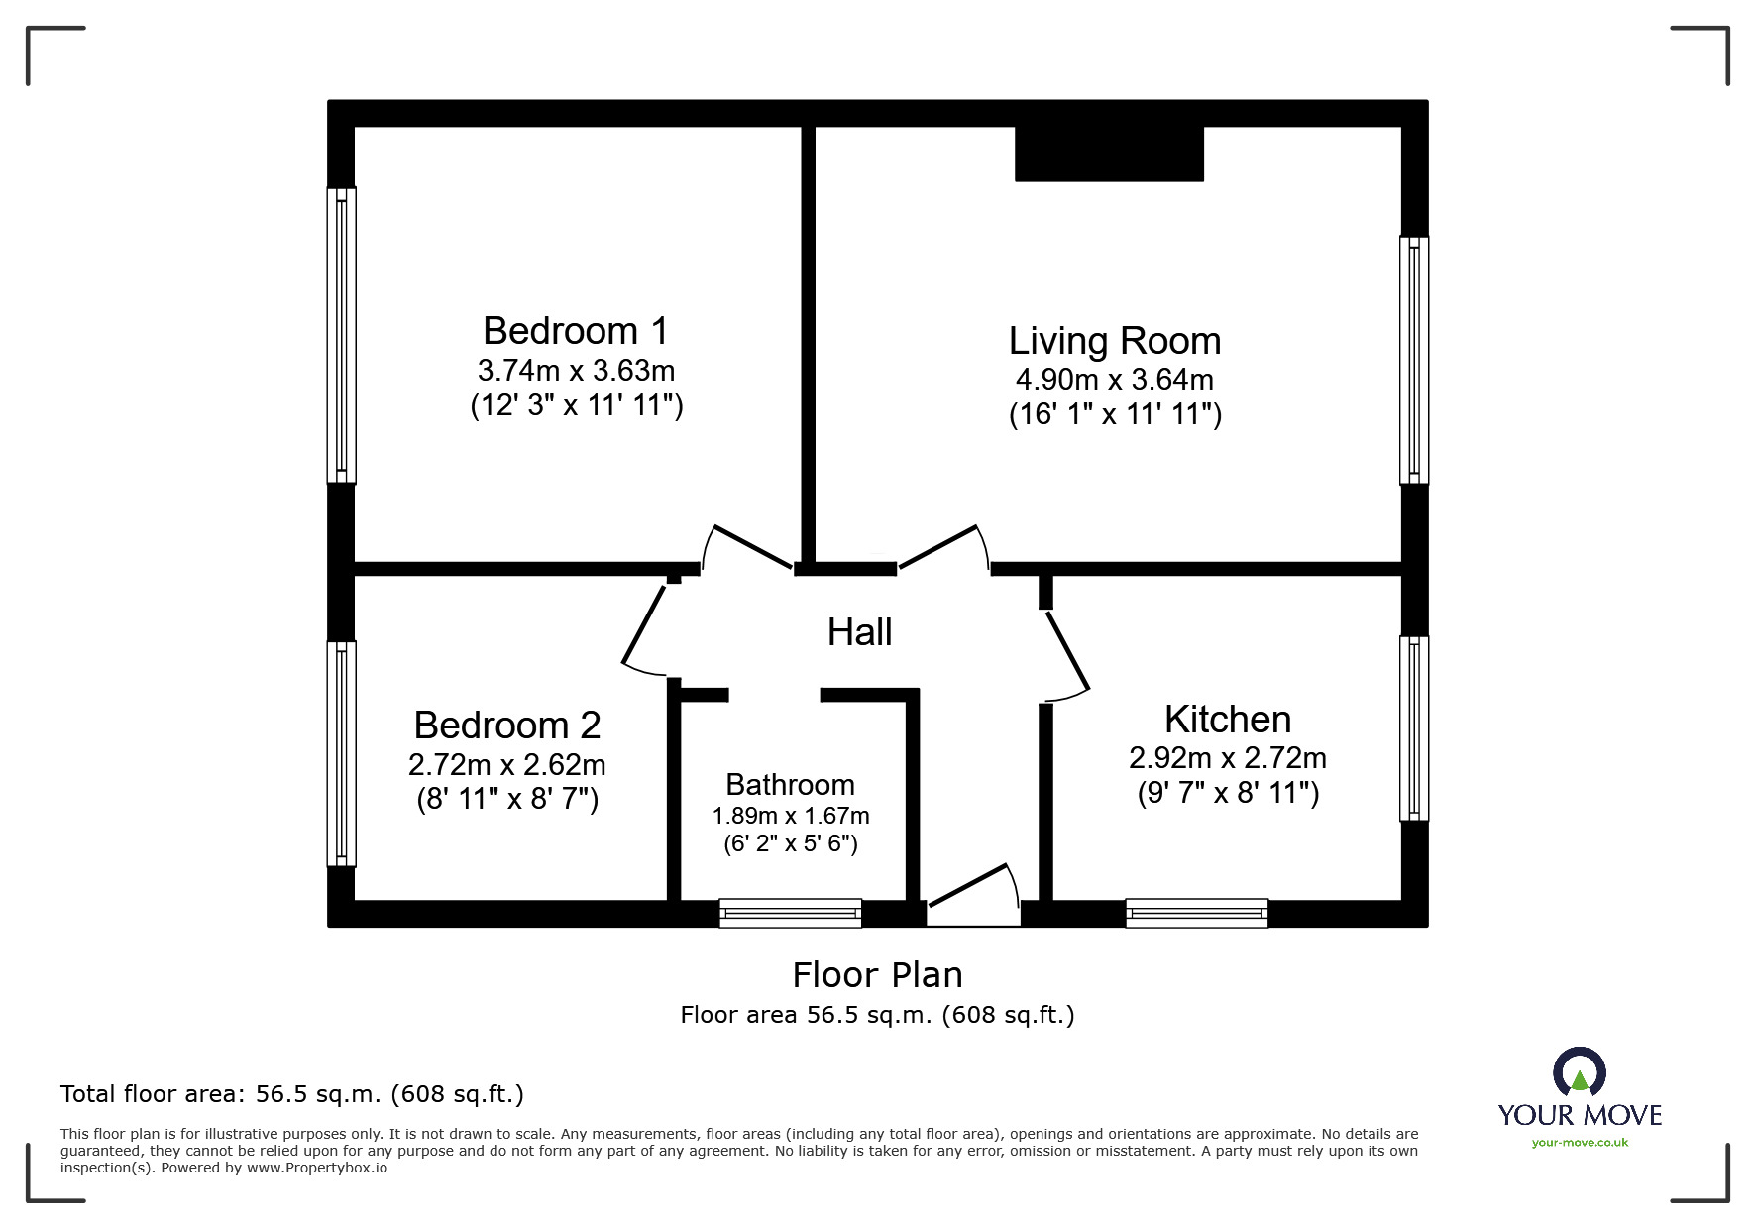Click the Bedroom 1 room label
[575, 330]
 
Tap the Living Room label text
[1114, 340]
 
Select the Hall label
[859, 632]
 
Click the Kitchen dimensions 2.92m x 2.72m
[1227, 758]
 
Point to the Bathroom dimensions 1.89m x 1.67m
[790, 816]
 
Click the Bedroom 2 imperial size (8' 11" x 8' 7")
[507, 799]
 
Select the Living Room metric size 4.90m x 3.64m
[1114, 380]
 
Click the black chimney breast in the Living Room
[1109, 154]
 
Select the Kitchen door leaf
[1068, 651]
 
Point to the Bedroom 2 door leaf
[644, 624]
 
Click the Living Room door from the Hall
[938, 547]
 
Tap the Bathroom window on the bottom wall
[790, 913]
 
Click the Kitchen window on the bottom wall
[1196, 913]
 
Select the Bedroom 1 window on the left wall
[342, 335]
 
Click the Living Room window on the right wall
[1413, 360]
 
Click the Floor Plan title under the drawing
[877, 975]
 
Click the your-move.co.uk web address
[1580, 1143]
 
